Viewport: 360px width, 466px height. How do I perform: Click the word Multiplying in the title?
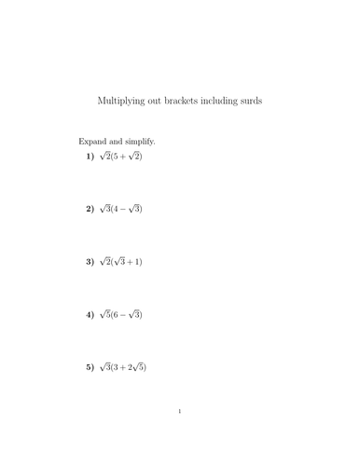coord(121,101)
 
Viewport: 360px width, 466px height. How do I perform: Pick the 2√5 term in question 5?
coord(135,368)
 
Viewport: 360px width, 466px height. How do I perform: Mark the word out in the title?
coord(154,101)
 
